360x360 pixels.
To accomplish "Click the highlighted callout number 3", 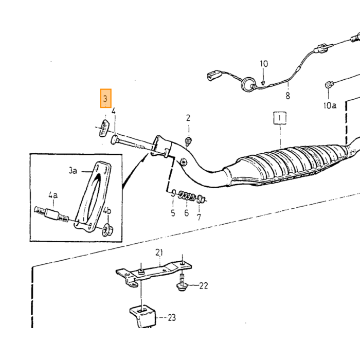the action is (x=105, y=98).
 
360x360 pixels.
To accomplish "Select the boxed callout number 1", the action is (x=280, y=118).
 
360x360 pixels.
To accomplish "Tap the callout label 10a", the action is (x=330, y=105).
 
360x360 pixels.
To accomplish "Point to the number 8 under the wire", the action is (x=287, y=95).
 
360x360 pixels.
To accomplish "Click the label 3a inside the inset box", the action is (x=73, y=171).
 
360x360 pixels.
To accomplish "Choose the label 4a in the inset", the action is (x=53, y=195).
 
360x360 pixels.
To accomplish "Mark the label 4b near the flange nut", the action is (x=107, y=210).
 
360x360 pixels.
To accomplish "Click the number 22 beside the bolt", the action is (x=204, y=285).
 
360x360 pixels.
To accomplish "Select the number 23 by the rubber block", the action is (x=172, y=317).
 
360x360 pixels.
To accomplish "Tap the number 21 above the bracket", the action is (x=159, y=253).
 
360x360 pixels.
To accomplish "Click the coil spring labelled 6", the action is (x=186, y=196).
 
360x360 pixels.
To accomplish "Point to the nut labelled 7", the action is (x=201, y=199).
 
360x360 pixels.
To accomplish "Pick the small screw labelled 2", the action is (x=189, y=141).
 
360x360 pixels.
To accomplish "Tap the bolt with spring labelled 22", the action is (x=182, y=283).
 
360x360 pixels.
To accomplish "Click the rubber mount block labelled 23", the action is (x=142, y=316).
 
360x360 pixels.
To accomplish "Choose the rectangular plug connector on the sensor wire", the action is (x=214, y=75).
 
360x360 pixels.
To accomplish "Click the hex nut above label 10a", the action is (x=329, y=84).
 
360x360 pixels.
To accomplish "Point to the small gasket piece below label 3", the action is (x=104, y=128).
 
